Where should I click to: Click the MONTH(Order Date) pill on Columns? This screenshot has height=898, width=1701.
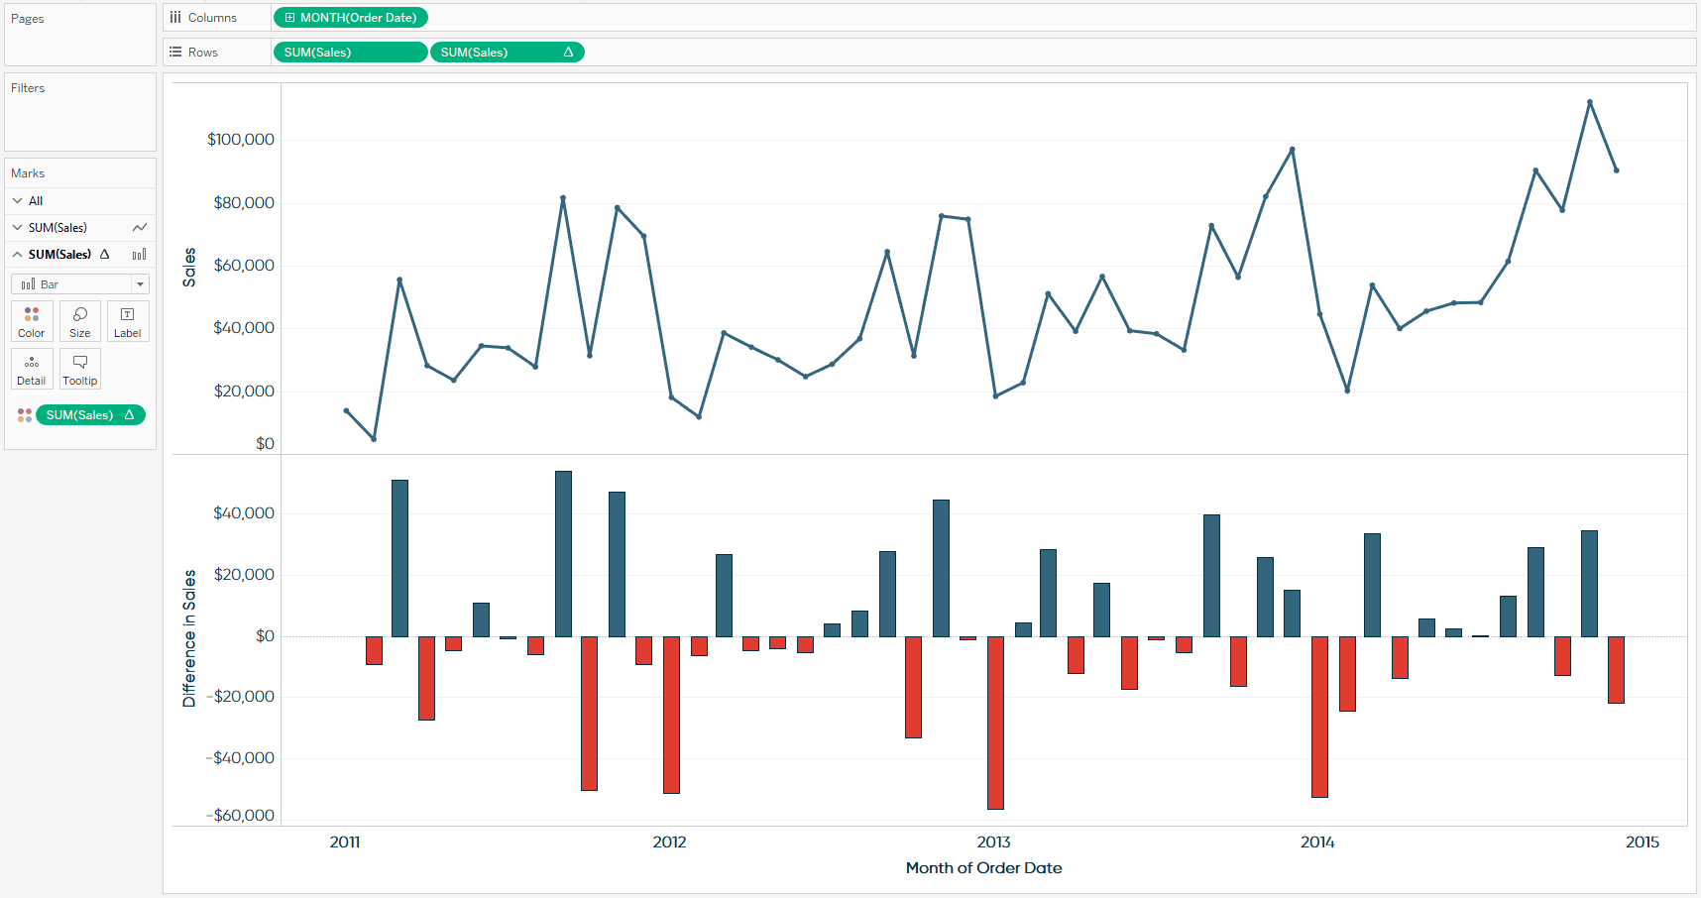(350, 18)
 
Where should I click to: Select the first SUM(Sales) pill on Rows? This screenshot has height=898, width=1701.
(350, 53)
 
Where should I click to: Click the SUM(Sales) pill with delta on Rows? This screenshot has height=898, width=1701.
(507, 53)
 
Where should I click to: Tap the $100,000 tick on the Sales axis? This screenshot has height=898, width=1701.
(241, 140)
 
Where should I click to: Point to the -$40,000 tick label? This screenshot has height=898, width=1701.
(241, 758)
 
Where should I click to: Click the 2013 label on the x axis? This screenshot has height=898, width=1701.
(993, 842)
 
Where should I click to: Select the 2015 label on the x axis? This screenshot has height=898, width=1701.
(1643, 842)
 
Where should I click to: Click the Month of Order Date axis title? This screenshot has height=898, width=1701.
(983, 868)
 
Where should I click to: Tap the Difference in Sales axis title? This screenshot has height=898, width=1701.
(189, 638)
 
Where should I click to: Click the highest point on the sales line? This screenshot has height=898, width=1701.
(1589, 102)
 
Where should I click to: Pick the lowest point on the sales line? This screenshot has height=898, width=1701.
(374, 439)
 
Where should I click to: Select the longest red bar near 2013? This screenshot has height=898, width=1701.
(995, 723)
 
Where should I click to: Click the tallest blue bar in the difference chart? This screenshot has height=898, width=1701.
(563, 554)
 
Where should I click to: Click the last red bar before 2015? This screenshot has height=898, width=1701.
(1616, 670)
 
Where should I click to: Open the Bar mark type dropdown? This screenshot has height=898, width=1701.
(80, 284)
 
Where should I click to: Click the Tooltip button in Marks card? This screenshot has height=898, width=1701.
(80, 369)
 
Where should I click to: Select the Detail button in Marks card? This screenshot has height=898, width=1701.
(32, 369)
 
